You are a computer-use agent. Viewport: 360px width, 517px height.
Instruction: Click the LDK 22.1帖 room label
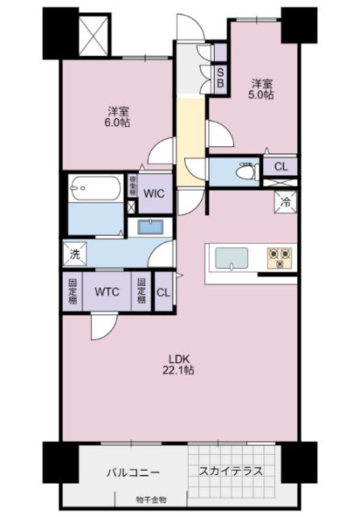(x=181, y=364)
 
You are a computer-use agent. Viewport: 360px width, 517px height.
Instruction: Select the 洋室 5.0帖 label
(x=262, y=88)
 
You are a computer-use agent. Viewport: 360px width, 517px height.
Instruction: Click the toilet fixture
(x=242, y=171)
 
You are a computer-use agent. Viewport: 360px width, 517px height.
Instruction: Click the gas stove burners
(x=279, y=257)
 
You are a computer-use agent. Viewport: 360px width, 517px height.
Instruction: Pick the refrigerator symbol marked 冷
(x=286, y=204)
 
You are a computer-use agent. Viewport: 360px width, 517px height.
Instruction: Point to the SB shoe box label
(x=220, y=75)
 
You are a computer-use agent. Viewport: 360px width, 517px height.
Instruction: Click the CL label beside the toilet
(x=280, y=167)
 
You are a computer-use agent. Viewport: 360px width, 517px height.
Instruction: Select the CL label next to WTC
(x=162, y=292)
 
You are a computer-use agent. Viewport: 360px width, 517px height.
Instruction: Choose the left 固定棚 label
(x=73, y=292)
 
